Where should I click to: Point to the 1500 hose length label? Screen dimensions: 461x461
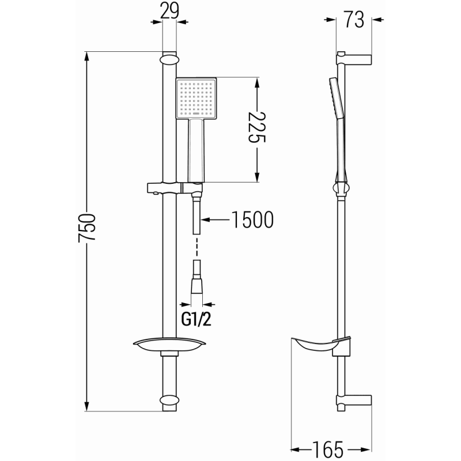click(x=252, y=220)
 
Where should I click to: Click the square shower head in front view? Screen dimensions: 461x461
click(x=196, y=99)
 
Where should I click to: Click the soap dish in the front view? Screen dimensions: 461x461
click(x=169, y=345)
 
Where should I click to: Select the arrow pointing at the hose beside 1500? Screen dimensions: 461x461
click(x=214, y=220)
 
